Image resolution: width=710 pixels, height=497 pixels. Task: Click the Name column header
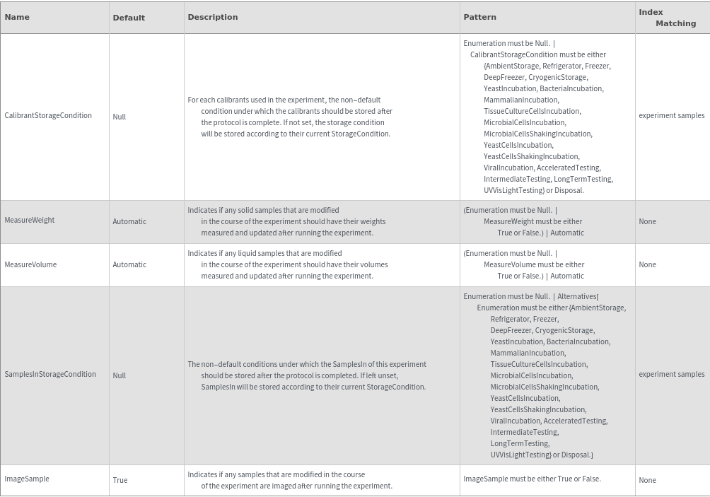click(17, 17)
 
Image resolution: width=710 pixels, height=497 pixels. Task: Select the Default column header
click(129, 18)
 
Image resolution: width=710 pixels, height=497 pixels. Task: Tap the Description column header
click(213, 17)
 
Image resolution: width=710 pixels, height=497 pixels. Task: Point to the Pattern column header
click(479, 17)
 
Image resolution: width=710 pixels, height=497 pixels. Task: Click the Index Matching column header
click(667, 18)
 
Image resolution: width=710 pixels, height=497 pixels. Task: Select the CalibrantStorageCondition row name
click(48, 115)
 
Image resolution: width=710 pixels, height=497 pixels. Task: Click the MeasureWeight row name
click(30, 220)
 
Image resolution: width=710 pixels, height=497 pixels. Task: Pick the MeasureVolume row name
click(30, 264)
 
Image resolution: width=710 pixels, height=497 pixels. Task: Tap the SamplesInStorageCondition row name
click(50, 374)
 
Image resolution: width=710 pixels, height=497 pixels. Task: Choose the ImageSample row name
click(27, 479)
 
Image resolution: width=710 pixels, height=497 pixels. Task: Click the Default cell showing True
click(120, 480)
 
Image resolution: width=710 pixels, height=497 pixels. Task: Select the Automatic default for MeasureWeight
click(129, 221)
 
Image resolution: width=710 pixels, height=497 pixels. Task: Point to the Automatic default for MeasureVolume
click(129, 264)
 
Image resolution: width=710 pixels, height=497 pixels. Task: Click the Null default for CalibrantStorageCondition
click(120, 117)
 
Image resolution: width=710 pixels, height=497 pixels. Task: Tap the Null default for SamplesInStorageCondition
click(120, 375)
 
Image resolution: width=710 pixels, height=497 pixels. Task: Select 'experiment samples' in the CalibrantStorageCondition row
click(671, 115)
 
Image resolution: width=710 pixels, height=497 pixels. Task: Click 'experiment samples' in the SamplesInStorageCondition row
click(671, 374)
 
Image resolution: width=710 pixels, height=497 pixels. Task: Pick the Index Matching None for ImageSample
click(647, 480)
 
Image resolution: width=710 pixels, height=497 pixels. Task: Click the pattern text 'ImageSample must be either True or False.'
click(532, 479)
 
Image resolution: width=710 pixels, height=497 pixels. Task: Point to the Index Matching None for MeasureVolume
click(647, 264)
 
